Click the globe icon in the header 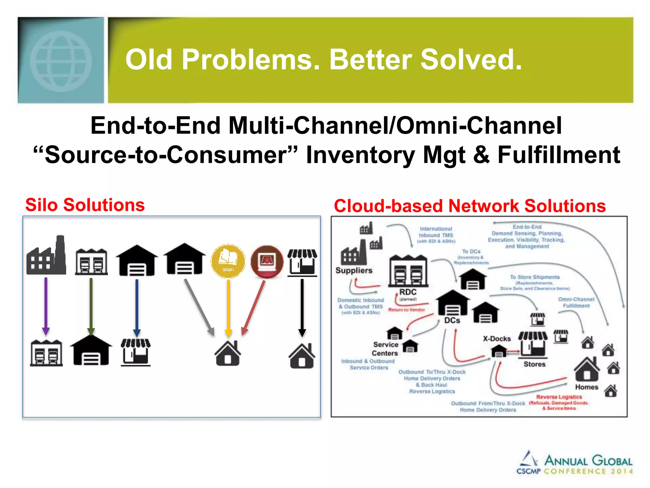[x=61, y=61]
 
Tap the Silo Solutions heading [x=85, y=205]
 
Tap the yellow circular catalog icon [x=228, y=261]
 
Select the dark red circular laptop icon [x=267, y=261]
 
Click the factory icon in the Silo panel [x=46, y=256]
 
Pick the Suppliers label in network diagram [x=354, y=270]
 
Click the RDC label [x=408, y=292]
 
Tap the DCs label [x=452, y=320]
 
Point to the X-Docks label [x=497, y=339]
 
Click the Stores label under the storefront [x=534, y=364]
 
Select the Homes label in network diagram [x=587, y=387]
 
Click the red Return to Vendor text [x=407, y=310]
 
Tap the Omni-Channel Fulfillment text [x=576, y=302]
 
